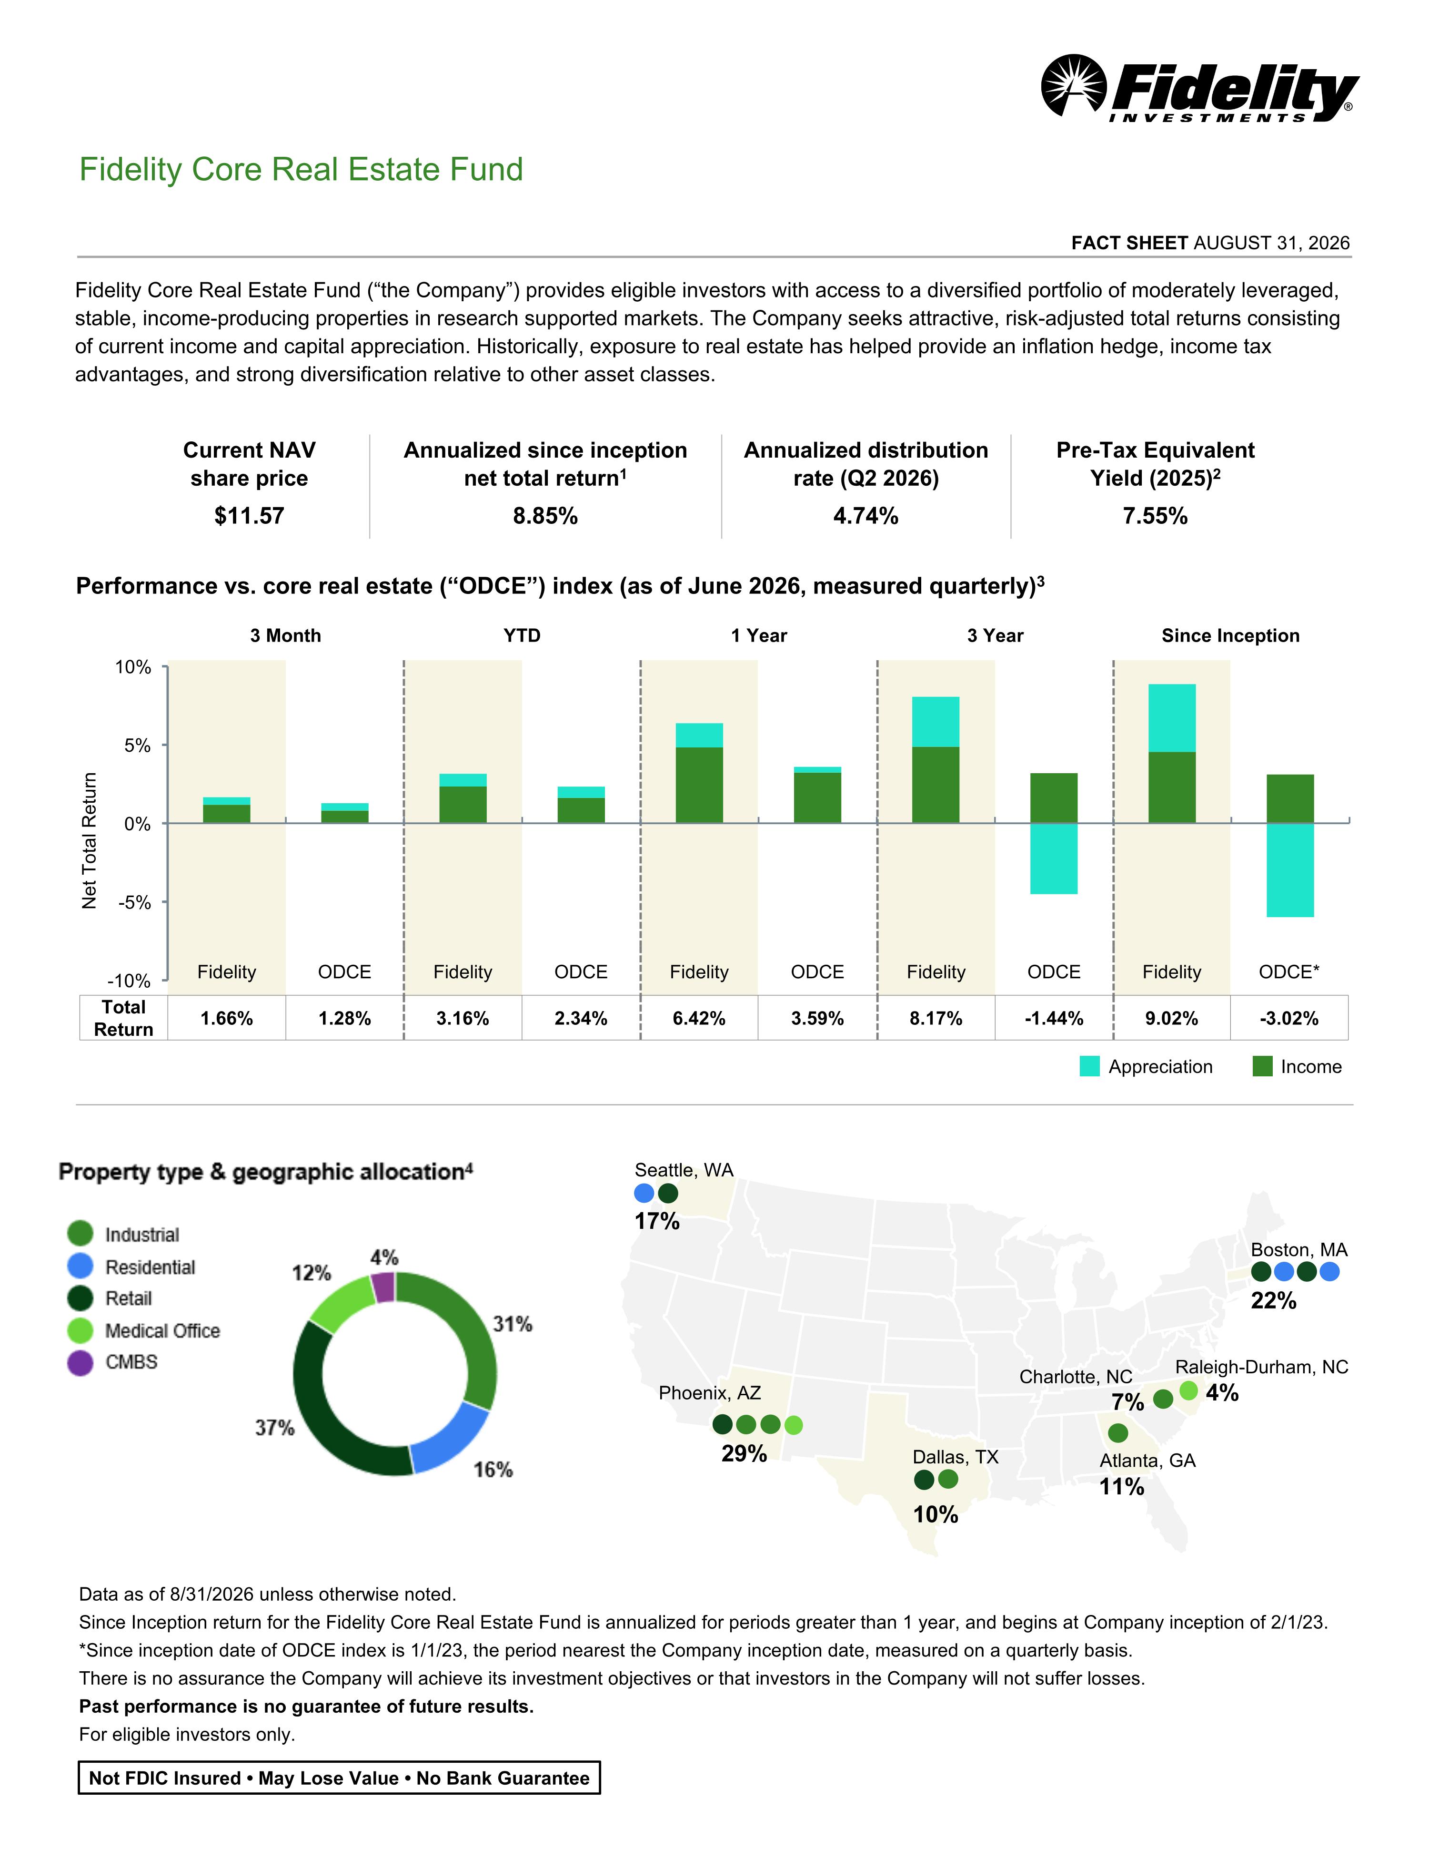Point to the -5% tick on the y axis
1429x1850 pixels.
point(134,902)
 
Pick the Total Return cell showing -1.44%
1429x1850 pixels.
point(1054,1018)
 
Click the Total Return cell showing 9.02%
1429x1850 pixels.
point(1172,1018)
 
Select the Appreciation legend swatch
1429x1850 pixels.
point(1089,1066)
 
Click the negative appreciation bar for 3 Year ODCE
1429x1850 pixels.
point(1054,858)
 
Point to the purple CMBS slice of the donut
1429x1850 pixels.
point(384,1287)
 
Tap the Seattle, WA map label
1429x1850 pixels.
point(684,1170)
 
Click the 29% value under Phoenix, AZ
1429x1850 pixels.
point(744,1453)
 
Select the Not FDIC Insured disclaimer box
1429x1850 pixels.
point(339,1778)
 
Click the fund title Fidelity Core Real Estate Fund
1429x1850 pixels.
point(302,169)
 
